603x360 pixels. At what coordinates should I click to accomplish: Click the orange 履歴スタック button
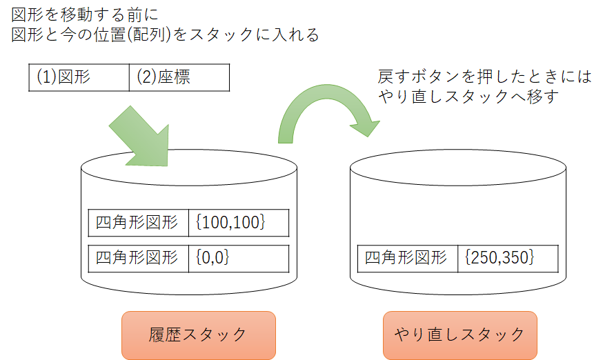(x=199, y=335)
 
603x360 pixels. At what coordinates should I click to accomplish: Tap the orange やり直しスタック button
(x=459, y=335)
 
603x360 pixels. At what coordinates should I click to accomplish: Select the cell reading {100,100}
(x=238, y=223)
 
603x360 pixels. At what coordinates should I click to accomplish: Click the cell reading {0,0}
(x=238, y=258)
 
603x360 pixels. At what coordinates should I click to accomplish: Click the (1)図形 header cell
(x=79, y=78)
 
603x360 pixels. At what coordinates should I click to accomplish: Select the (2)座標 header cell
(x=179, y=78)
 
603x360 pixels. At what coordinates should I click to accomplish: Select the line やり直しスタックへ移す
(x=473, y=97)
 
